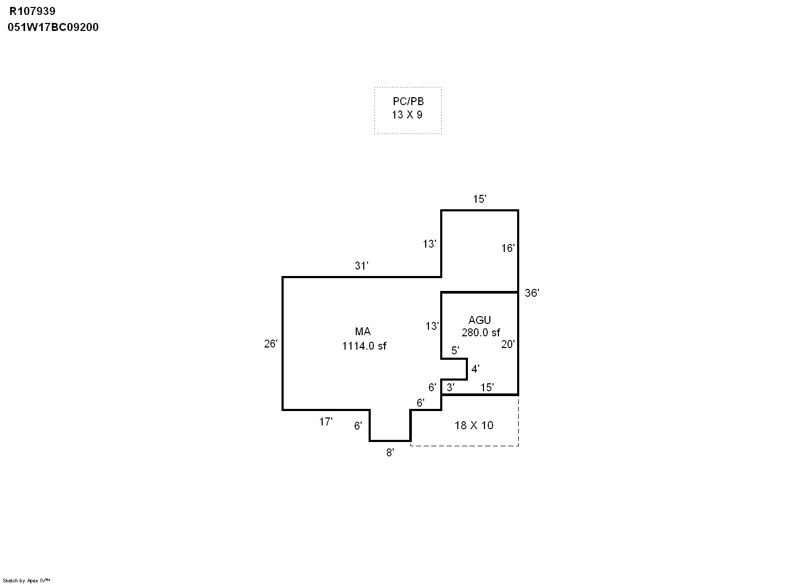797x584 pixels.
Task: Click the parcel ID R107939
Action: coord(33,11)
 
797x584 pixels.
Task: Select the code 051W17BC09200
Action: coord(53,27)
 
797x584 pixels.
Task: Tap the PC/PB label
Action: coord(408,102)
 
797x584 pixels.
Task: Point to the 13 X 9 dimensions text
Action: coord(407,115)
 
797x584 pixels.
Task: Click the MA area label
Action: coord(363,332)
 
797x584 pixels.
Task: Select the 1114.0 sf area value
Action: coord(364,346)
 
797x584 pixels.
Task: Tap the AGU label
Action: coord(479,320)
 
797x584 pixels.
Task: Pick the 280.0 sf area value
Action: coord(481,333)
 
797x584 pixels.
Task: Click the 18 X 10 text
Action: coord(474,425)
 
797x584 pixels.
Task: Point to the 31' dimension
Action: coord(362,266)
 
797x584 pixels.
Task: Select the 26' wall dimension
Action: coord(271,344)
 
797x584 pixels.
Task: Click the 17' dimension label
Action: coord(325,422)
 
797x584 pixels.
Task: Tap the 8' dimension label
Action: coord(390,453)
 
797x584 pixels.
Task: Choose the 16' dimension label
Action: coord(507,248)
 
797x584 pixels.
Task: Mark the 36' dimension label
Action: coord(532,293)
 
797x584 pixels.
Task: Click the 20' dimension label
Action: coord(507,344)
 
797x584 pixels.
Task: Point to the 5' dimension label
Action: coord(455,351)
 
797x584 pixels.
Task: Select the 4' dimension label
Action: coord(475,369)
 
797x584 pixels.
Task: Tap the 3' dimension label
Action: coord(450,388)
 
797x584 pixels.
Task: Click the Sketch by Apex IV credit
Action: coord(26,580)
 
